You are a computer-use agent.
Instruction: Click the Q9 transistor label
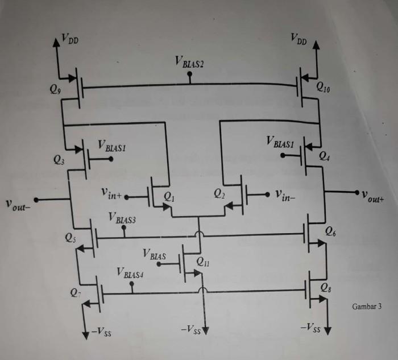[55, 89]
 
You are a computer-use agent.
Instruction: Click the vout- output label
[18, 203]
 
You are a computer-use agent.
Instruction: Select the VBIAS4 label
[130, 272]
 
